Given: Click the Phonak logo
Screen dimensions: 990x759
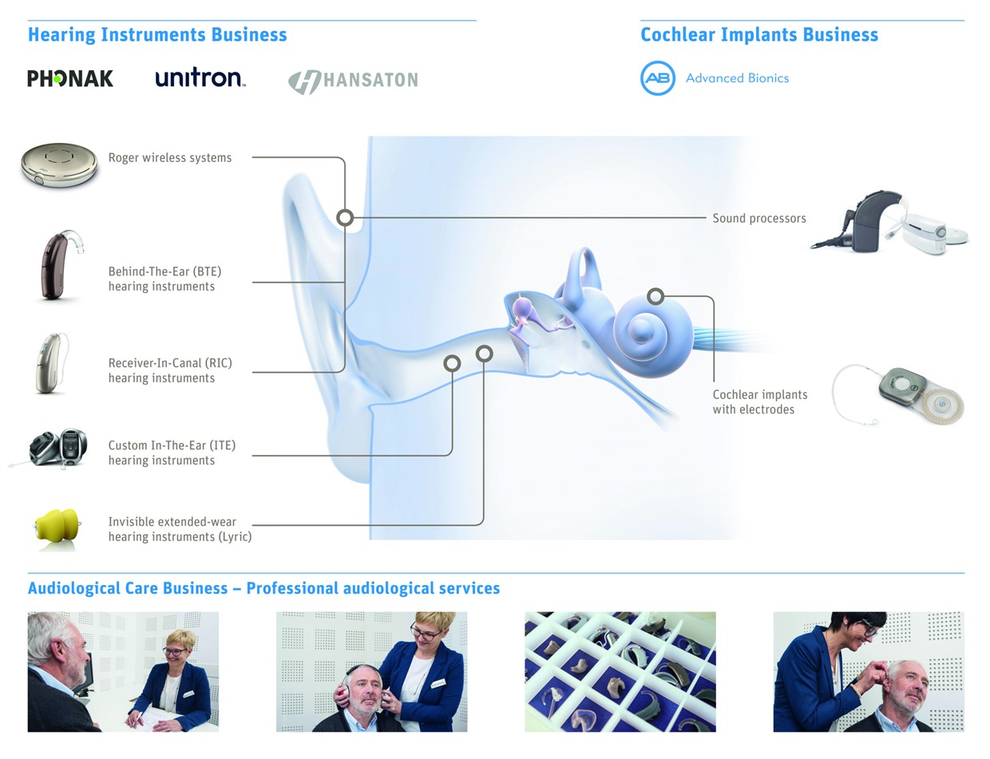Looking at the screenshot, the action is (x=70, y=78).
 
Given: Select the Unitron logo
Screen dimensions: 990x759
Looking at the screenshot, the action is (x=200, y=78).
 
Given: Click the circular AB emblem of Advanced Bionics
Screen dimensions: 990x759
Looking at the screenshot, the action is (x=657, y=78).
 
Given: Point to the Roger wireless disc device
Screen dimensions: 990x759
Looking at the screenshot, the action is (x=59, y=164).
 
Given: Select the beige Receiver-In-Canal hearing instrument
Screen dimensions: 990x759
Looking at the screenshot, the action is (x=51, y=363).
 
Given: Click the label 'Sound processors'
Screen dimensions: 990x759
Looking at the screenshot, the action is (x=759, y=219).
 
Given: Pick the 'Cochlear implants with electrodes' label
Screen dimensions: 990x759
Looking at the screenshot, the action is (x=760, y=402).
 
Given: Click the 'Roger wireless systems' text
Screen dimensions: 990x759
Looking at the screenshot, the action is (x=170, y=158).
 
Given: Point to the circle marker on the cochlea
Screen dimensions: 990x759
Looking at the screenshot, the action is (x=655, y=297).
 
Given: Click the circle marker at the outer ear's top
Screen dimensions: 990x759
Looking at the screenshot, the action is (x=345, y=218).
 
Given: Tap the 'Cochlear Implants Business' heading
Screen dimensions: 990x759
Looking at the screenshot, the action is (x=759, y=35).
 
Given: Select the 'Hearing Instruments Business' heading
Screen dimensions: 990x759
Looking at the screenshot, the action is (x=157, y=35).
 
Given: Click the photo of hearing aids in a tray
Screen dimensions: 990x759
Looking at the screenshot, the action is (x=620, y=671).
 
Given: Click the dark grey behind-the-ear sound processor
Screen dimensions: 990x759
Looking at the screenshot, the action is (x=872, y=221).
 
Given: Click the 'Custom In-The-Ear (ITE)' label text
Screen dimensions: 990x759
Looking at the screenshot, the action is (x=172, y=445).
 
